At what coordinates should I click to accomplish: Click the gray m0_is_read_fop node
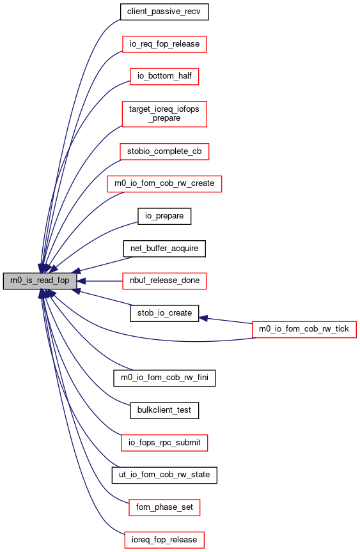[40, 281]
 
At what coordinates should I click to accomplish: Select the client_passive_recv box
[164, 12]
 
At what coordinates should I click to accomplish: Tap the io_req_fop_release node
[164, 44]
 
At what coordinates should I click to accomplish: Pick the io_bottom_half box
[164, 77]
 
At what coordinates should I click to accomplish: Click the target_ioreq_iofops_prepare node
[164, 114]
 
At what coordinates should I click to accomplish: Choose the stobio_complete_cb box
[164, 151]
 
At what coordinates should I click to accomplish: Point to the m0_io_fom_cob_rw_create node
[164, 184]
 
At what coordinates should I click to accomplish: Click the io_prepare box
[164, 216]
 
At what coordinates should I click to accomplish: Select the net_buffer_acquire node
[164, 249]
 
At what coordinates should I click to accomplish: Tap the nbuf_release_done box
[164, 281]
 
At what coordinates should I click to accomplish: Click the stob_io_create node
[164, 313]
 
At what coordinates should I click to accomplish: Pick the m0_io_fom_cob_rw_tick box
[304, 330]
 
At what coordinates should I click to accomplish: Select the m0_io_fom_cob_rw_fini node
[164, 378]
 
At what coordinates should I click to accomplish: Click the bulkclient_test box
[164, 410]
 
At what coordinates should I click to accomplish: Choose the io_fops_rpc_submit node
[164, 443]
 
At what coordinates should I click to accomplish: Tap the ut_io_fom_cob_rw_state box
[164, 475]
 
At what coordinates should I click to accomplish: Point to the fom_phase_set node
[164, 508]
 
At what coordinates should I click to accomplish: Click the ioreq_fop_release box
[164, 540]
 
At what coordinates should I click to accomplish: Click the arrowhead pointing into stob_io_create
[203, 318]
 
